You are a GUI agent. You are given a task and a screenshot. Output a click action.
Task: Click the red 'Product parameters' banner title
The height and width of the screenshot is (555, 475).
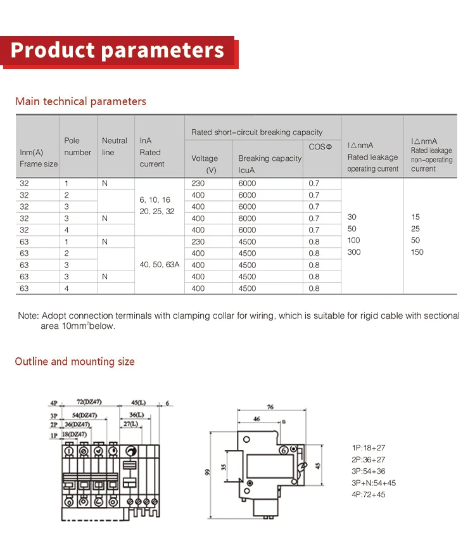(117, 50)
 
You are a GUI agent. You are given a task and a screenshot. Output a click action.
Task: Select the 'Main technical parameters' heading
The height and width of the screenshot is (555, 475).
(80, 101)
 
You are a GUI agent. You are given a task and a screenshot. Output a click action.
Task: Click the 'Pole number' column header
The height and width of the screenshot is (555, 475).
(77, 146)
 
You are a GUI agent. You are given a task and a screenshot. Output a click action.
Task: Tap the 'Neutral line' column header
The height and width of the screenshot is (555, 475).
(115, 146)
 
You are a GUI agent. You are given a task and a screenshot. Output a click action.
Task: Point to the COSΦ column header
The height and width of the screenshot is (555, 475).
(320, 146)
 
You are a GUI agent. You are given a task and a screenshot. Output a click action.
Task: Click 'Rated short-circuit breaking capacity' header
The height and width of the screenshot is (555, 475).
(256, 132)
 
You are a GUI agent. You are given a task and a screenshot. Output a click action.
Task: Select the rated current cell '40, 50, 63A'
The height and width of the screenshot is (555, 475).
(159, 265)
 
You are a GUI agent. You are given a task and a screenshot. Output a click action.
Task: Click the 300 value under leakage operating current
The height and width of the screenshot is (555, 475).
(354, 252)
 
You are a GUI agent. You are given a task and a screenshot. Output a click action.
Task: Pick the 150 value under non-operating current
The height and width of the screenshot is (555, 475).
(417, 252)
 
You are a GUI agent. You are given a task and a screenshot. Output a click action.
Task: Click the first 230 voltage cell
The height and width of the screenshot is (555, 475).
(198, 183)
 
